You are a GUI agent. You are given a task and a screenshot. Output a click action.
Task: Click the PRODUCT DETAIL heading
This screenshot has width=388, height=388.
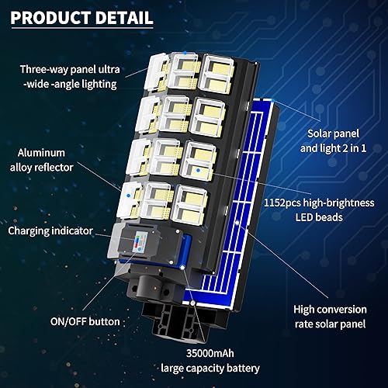(87, 17)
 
